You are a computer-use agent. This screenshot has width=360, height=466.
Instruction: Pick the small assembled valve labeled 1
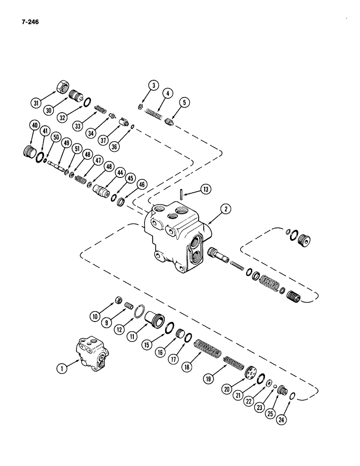(x=92, y=355)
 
